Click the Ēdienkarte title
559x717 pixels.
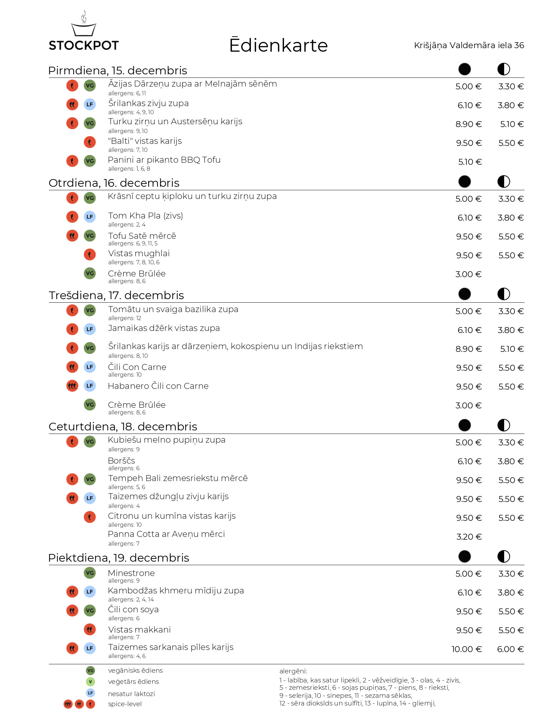click(278, 45)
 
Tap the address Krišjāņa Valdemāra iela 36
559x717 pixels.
click(469, 45)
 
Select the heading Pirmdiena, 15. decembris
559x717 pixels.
click(118, 71)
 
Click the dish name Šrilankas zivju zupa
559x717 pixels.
click(148, 103)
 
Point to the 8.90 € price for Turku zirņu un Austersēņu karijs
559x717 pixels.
click(469, 124)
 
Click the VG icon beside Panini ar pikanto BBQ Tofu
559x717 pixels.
click(90, 161)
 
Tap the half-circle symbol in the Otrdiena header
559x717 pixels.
click(503, 182)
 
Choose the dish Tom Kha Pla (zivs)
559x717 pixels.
click(145, 216)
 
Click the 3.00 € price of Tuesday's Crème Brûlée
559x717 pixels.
click(468, 274)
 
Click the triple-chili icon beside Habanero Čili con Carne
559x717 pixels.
click(72, 386)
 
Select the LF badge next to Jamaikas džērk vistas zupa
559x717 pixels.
click(90, 329)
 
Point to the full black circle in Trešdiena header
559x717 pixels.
click(464, 294)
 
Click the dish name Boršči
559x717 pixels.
click(121, 461)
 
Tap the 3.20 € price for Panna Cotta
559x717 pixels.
click(469, 537)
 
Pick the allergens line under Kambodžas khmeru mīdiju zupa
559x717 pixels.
click(131, 599)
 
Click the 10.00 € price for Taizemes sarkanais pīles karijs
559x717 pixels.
click(466, 649)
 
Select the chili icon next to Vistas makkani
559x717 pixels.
click(90, 629)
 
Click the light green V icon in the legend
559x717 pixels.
click(90, 681)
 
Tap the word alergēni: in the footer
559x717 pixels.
click(293, 671)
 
